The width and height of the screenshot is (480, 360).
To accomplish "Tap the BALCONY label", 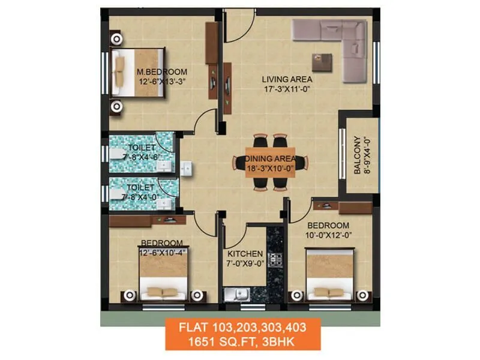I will (x=358, y=156).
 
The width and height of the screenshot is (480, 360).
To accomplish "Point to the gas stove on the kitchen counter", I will (x=275, y=260).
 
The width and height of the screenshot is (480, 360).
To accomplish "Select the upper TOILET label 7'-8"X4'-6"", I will (x=142, y=148).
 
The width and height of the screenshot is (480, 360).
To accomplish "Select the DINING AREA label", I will (x=271, y=158).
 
